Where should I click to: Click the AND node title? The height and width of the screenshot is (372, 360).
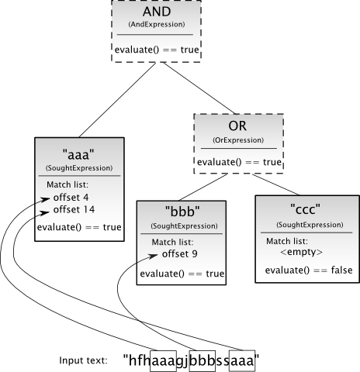point(157,12)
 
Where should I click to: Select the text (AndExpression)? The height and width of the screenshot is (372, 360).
point(157,24)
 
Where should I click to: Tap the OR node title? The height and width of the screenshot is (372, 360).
point(237,126)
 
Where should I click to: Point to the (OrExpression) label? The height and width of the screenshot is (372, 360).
point(238,140)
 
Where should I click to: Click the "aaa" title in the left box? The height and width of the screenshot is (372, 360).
point(78,155)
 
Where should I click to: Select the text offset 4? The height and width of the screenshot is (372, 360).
point(71,198)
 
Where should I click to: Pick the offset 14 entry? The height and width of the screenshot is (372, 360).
point(74,209)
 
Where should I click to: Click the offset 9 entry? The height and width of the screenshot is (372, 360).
point(180,254)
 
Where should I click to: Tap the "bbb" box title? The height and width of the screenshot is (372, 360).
point(182,212)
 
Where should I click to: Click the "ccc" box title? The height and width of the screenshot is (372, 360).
point(306,209)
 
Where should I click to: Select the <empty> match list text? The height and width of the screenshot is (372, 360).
point(301,252)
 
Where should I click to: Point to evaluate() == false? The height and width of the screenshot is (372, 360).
point(309,270)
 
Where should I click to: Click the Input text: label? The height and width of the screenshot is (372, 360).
point(83,360)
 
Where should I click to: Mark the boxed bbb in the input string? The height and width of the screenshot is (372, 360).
point(202,361)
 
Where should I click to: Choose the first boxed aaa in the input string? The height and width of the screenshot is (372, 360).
point(163,361)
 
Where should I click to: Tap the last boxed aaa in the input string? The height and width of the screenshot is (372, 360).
point(242,361)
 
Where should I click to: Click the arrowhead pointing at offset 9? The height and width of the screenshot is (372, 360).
point(153,256)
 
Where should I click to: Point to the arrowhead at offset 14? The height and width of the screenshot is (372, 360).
point(44,213)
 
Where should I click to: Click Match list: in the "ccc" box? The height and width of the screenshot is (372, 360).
point(287,241)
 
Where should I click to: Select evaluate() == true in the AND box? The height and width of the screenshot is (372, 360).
point(157,50)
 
